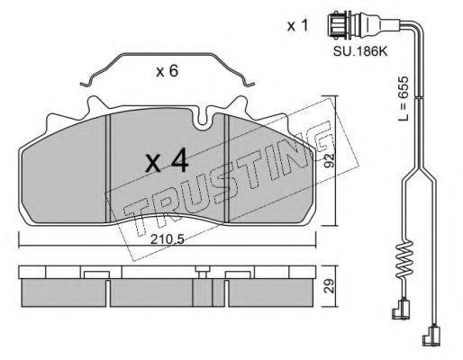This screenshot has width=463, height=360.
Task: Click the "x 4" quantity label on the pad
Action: tap(167, 163)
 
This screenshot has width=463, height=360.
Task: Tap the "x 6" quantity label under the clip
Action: tap(168, 71)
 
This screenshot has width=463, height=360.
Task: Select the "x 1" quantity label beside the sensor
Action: tap(297, 25)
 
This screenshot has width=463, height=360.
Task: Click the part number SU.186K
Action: tap(360, 51)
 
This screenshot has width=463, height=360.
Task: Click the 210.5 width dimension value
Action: tap(167, 239)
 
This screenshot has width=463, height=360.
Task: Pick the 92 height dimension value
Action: tap(330, 161)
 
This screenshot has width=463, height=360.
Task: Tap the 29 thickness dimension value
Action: tap(330, 286)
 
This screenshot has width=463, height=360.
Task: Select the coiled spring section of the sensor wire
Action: tap(404, 259)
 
